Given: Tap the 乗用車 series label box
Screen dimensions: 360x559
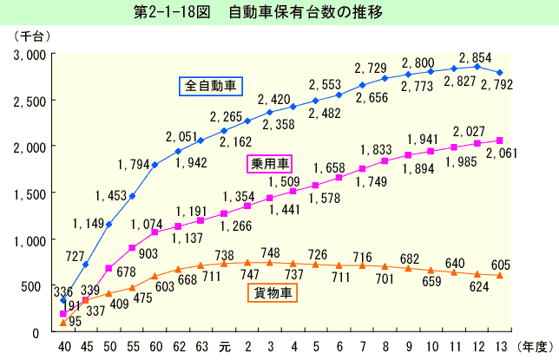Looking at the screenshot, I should click(x=270, y=164).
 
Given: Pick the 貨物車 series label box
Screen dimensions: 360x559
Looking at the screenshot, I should click(x=273, y=294).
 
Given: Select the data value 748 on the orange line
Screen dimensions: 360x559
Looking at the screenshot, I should click(x=271, y=252).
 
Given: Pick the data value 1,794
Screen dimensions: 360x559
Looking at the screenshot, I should click(x=133, y=161).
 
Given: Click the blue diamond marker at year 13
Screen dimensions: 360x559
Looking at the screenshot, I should click(x=501, y=73).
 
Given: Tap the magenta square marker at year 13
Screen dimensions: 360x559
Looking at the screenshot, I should click(x=500, y=141).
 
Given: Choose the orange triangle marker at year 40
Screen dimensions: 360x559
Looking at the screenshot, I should click(x=62, y=322).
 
